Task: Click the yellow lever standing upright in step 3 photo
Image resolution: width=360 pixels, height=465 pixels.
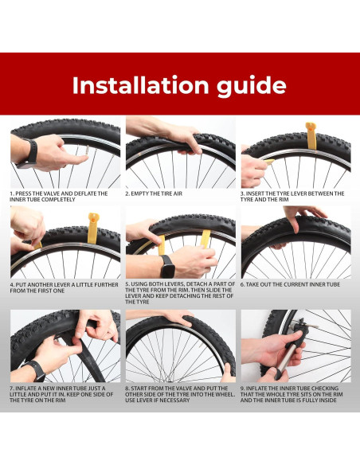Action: click(311, 136)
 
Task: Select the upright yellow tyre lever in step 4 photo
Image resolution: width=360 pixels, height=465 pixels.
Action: click(92, 228)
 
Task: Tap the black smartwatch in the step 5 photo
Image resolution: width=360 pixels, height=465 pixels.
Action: click(168, 267)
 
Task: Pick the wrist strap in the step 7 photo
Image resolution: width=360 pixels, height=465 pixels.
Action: click(35, 371)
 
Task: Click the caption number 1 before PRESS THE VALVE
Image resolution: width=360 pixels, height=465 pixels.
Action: click(12, 193)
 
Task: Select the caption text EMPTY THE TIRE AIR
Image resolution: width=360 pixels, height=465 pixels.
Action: click(157, 193)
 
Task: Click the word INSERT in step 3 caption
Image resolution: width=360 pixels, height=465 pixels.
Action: click(255, 193)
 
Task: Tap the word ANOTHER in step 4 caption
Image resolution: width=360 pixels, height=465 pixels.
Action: click(37, 285)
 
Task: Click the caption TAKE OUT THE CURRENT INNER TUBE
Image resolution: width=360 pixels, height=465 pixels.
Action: click(293, 285)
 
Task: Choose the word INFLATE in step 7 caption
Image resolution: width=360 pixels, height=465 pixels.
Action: click(25, 389)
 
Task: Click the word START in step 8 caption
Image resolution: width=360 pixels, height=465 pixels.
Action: click(140, 389)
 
